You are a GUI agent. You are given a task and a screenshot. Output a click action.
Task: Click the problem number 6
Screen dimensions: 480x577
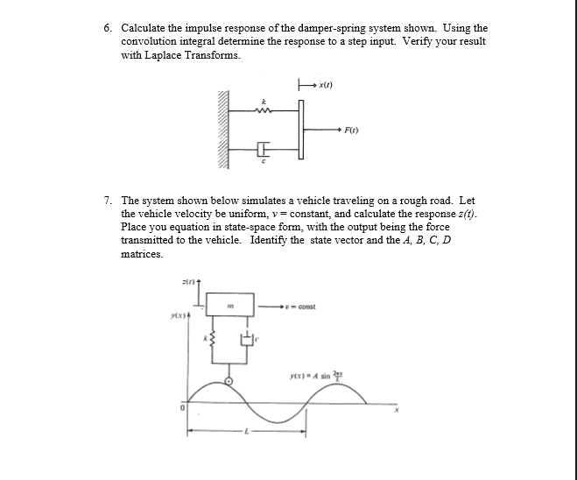[x=107, y=29]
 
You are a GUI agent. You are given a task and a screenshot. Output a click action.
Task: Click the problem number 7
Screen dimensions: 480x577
[x=107, y=201]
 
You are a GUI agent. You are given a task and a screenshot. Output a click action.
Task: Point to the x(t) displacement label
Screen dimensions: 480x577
[x=327, y=86]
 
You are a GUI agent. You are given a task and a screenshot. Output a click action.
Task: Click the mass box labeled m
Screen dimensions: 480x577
[x=229, y=306]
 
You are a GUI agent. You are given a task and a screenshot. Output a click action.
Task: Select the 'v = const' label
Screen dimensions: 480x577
[x=303, y=307]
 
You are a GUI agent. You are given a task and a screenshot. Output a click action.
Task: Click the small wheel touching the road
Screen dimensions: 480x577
[x=229, y=381]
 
